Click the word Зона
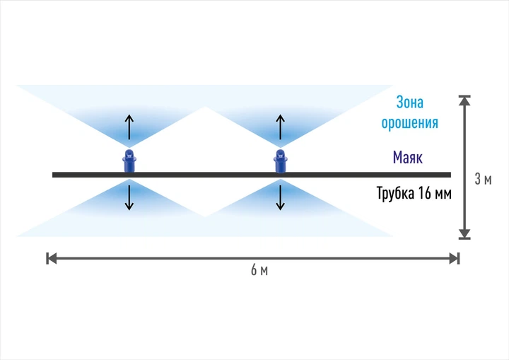point(409,103)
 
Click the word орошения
point(409,123)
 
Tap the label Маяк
point(408,157)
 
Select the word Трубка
point(395,193)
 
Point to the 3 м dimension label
point(483,179)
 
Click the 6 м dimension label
point(259,270)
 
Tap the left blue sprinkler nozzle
point(129,161)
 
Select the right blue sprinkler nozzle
point(281,161)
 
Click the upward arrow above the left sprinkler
point(129,127)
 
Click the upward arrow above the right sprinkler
point(281,127)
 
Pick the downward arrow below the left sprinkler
point(129,197)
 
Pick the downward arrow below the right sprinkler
point(281,197)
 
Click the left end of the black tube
point(52,175)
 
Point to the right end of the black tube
point(450,175)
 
